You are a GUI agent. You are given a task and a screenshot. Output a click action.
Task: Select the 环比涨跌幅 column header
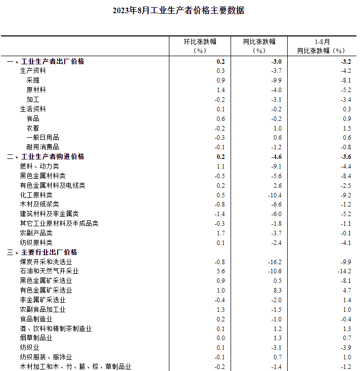click(x=200, y=46)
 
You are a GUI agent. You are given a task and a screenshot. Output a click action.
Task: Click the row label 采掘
click(x=33, y=80)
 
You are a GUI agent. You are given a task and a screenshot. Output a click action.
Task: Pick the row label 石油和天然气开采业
click(x=49, y=271)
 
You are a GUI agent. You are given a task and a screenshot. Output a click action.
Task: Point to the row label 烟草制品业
click(x=36, y=338)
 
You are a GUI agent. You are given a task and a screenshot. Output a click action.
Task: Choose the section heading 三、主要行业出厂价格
click(x=42, y=252)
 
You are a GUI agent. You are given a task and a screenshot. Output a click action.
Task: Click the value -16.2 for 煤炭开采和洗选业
click(x=275, y=262)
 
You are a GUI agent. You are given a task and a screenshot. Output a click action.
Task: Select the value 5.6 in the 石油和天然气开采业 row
click(x=220, y=271)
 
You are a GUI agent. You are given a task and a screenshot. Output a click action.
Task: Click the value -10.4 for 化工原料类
click(x=275, y=195)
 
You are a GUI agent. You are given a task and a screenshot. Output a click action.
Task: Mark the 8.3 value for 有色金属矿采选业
click(x=277, y=291)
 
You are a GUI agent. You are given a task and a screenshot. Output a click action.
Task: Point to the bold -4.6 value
click(x=276, y=157)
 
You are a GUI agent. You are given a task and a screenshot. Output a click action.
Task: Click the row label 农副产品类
click(x=36, y=233)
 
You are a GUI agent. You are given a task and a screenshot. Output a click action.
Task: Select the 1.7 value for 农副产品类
click(x=220, y=233)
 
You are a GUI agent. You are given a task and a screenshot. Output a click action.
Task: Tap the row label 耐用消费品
click(x=42, y=147)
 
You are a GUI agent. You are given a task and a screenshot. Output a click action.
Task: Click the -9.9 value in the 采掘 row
click(x=276, y=80)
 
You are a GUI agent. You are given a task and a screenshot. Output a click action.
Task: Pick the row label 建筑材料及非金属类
click(x=49, y=214)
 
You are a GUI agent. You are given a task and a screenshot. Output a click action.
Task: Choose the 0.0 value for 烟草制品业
click(x=220, y=338)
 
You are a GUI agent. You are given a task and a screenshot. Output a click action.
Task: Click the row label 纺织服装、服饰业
click(x=46, y=357)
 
